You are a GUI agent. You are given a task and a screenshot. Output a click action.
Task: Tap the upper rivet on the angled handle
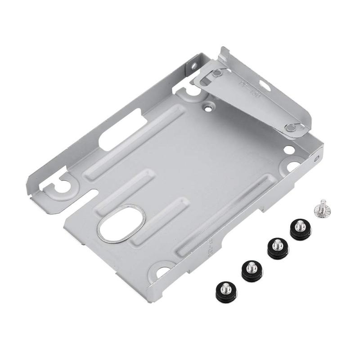point(217,73)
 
